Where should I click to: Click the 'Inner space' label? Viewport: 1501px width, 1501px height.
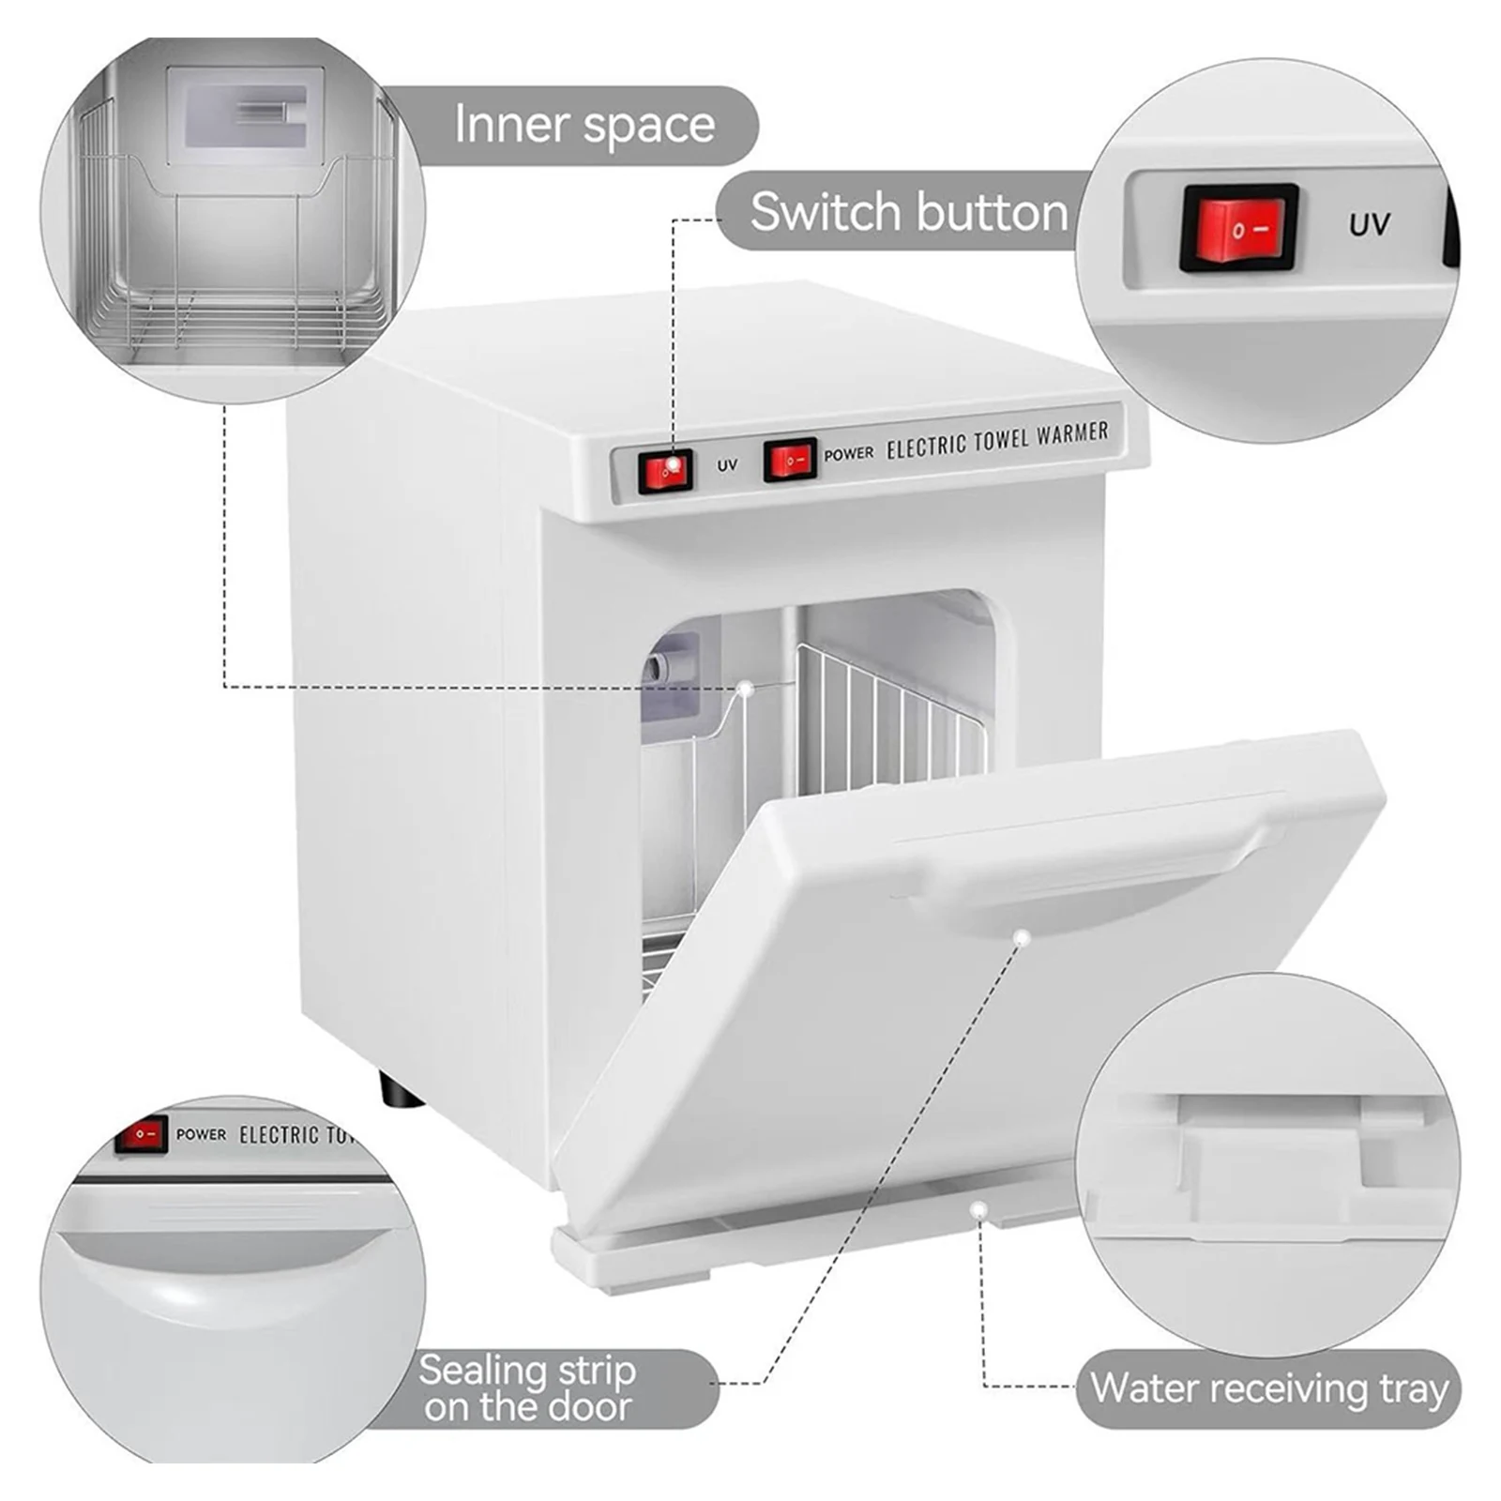click(584, 125)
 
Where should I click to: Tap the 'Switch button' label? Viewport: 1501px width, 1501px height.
click(908, 212)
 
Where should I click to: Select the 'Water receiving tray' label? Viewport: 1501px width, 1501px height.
click(1268, 1388)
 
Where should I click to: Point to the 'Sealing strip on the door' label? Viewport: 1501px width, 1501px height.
click(527, 1388)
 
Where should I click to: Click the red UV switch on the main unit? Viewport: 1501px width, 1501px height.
click(666, 470)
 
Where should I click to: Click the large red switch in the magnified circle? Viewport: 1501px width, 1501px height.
click(1239, 228)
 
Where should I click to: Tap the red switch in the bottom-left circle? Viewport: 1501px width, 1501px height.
click(142, 1134)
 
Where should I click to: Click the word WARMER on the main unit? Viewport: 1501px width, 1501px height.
click(1073, 434)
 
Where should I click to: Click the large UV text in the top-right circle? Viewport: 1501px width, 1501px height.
click(1369, 225)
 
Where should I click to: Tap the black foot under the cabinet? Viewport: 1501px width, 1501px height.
click(402, 1091)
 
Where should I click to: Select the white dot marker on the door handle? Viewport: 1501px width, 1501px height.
click(1023, 937)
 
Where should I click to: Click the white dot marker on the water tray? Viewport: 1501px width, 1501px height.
click(979, 1211)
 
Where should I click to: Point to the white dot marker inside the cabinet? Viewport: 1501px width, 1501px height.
click(746, 689)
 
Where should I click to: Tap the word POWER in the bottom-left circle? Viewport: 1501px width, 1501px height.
click(201, 1134)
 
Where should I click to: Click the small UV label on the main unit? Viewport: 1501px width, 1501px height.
click(727, 465)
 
